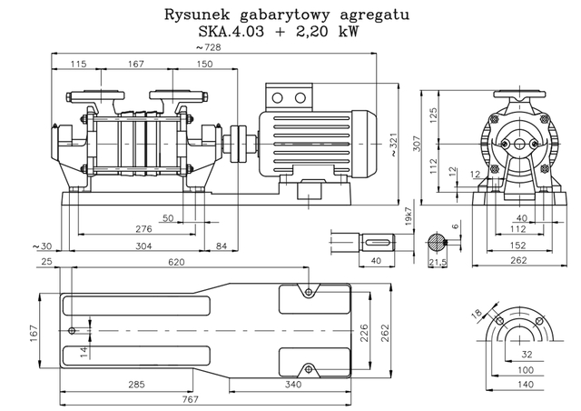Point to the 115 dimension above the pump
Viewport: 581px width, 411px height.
point(76,64)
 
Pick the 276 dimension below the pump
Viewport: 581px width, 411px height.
point(143,228)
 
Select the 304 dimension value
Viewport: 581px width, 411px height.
point(143,246)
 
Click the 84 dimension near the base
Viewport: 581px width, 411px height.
point(222,246)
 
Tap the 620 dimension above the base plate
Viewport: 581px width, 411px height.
point(176,262)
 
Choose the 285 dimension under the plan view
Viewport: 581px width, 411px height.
point(135,385)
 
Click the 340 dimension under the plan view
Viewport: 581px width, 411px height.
point(292,385)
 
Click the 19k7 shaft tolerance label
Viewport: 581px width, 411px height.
point(408,219)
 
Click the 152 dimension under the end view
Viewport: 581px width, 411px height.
point(518,245)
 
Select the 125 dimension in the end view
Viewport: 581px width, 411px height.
point(434,114)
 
